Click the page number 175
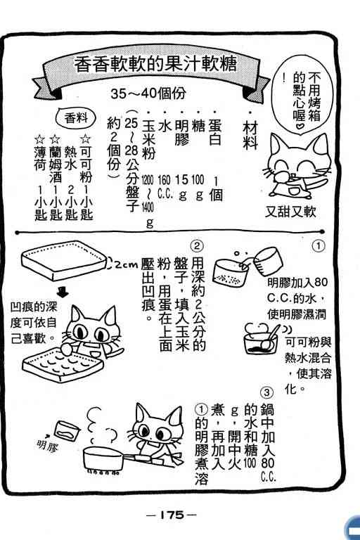(172, 515)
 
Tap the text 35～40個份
(148, 93)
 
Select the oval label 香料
(76, 118)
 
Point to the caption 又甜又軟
(290, 212)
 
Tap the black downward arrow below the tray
(63, 292)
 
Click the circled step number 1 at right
(319, 246)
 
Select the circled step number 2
(197, 246)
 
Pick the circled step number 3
(268, 392)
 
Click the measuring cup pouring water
(268, 261)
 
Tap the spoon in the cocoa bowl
(272, 337)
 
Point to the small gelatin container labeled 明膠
(67, 430)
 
